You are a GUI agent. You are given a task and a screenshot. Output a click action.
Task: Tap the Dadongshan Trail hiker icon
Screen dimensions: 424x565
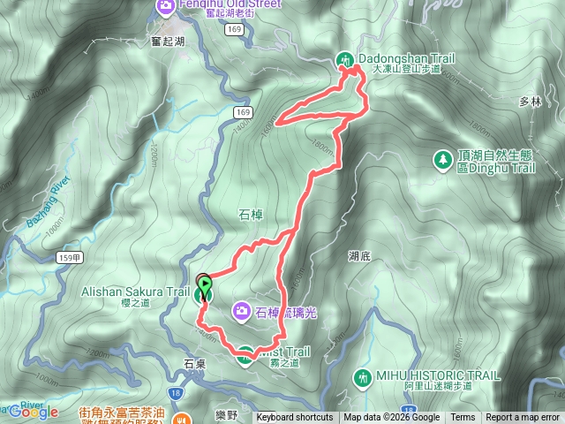point(346,59)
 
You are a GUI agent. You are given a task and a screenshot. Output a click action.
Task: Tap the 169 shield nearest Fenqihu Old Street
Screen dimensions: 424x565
point(233,29)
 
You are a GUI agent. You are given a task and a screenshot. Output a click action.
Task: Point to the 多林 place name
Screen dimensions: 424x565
point(530,102)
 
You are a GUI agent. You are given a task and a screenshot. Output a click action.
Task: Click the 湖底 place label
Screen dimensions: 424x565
point(359,256)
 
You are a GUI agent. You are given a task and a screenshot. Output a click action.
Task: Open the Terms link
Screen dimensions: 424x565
point(463,418)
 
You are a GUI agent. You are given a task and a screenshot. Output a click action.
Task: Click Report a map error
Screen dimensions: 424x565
point(523,418)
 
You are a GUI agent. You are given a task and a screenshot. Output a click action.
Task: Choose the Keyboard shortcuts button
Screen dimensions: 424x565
point(295,418)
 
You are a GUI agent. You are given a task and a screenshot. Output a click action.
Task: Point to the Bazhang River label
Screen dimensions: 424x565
point(45,205)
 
